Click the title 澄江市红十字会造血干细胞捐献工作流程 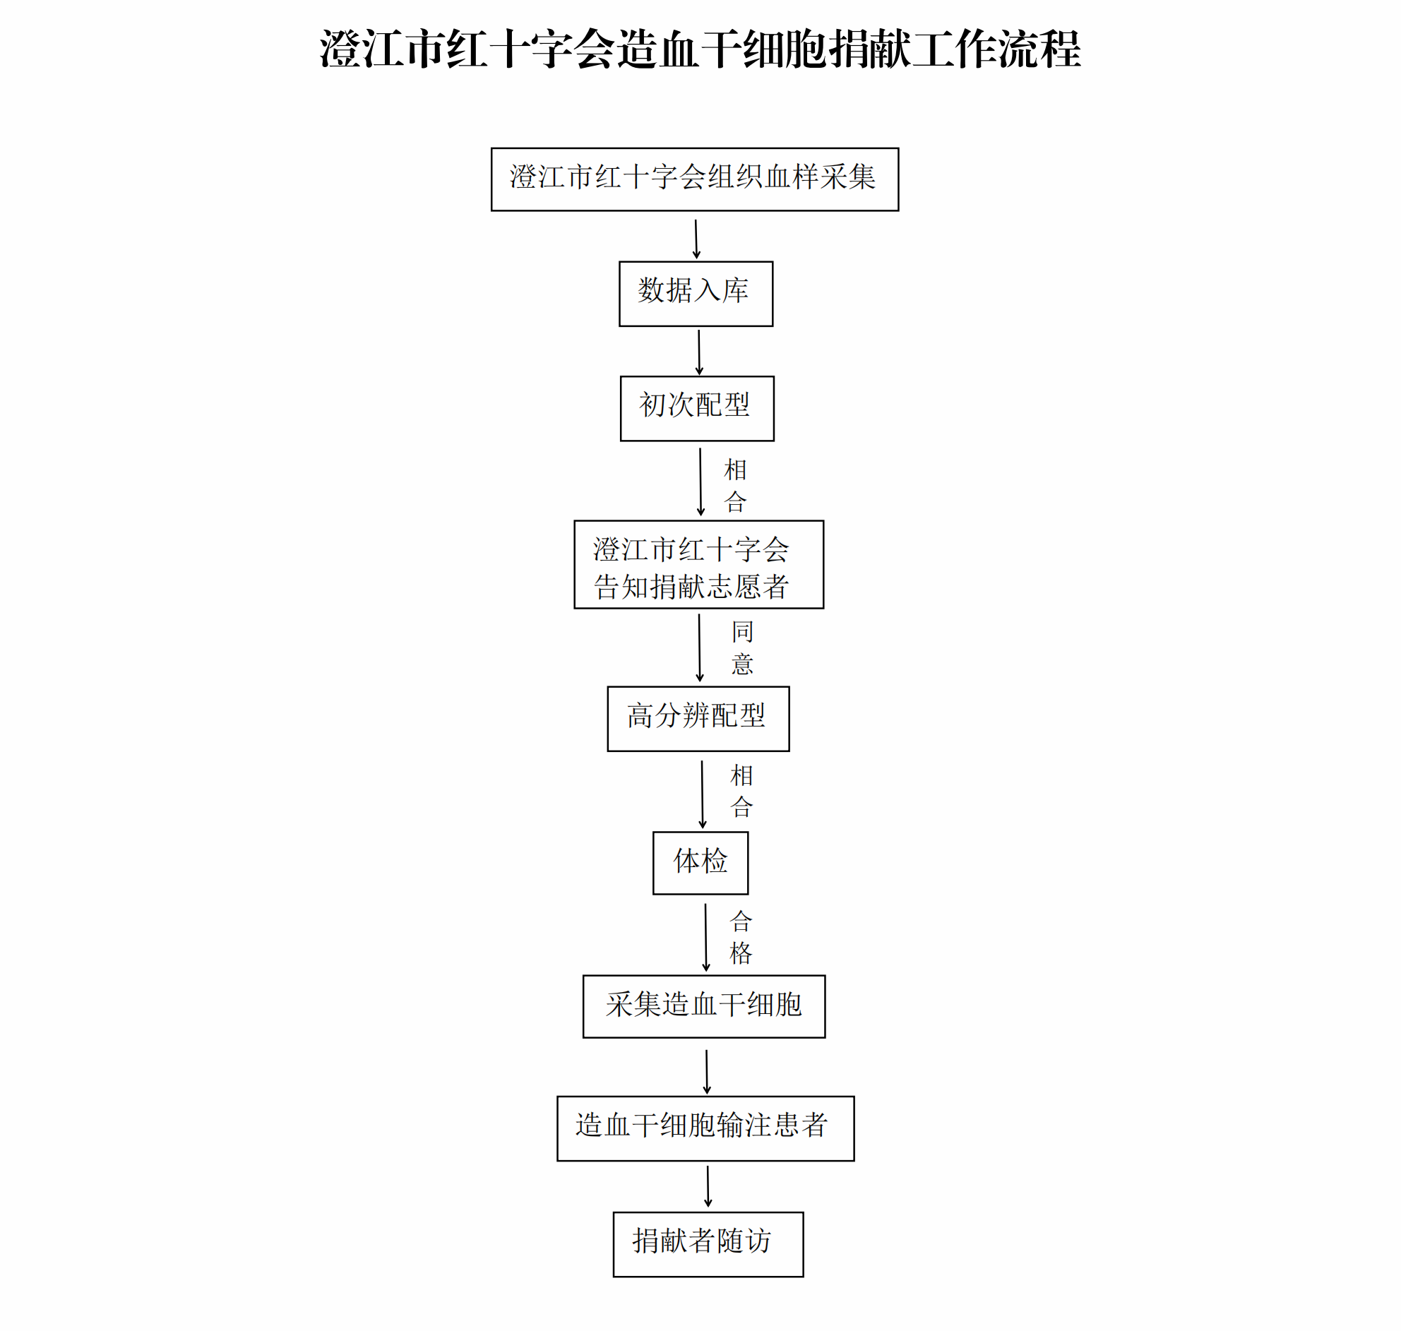point(700,49)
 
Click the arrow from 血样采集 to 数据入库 point(696,239)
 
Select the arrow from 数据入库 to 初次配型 point(698,352)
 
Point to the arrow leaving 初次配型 point(700,482)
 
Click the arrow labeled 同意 point(699,647)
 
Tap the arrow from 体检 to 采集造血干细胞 point(706,937)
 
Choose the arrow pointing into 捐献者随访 point(708,1187)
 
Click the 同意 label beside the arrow point(742,647)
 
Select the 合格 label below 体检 point(741,937)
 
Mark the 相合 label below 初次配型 point(735,485)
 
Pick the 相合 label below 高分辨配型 point(741,791)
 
